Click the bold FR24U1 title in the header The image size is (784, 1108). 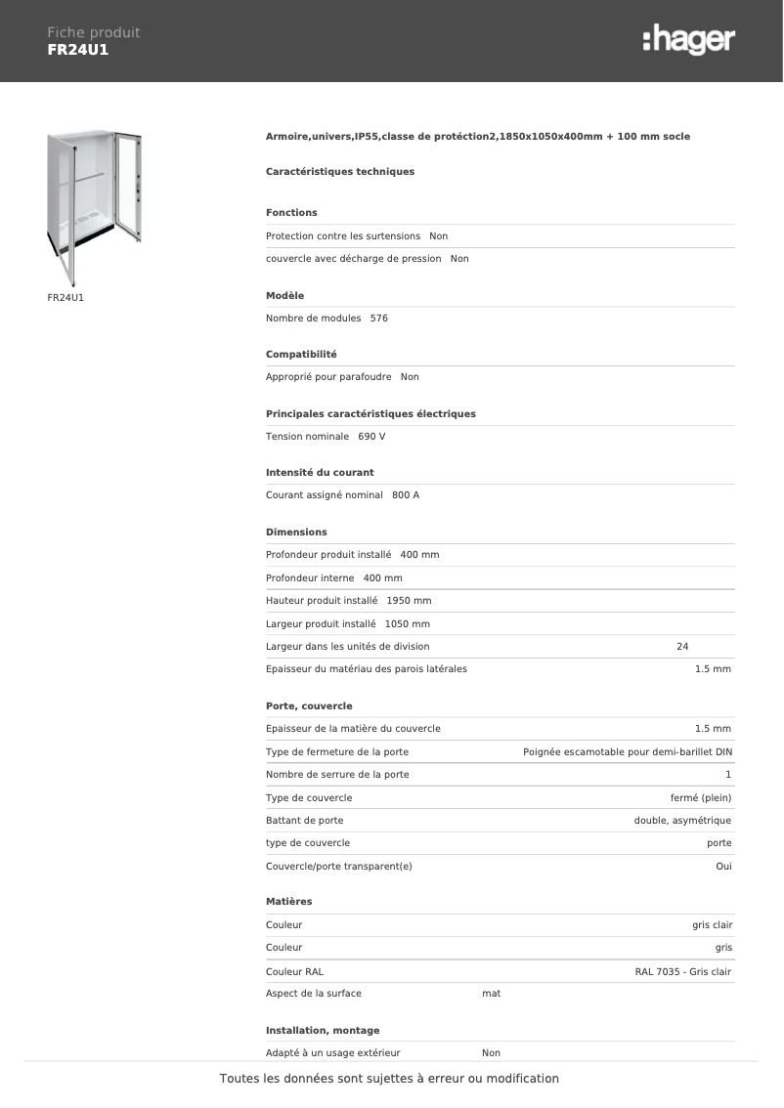tap(78, 50)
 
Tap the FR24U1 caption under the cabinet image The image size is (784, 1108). tap(65, 296)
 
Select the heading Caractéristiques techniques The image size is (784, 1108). tap(340, 172)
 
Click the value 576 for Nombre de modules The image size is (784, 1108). tap(379, 319)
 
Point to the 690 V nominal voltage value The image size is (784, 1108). tap(371, 437)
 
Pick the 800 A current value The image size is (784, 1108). tap(406, 495)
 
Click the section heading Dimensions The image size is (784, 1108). tap(296, 533)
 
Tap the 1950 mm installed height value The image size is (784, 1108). tap(409, 601)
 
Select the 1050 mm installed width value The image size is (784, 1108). tap(408, 624)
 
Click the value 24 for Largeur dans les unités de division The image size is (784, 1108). tap(682, 647)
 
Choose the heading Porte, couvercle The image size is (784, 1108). tap(309, 706)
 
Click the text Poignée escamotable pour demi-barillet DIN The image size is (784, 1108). tap(628, 752)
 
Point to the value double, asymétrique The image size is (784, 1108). tap(682, 821)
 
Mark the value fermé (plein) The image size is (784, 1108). tap(701, 798)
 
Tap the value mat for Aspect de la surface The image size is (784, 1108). tap(492, 994)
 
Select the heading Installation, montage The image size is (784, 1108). tap(323, 1031)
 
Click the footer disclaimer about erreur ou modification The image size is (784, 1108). tap(389, 1079)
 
